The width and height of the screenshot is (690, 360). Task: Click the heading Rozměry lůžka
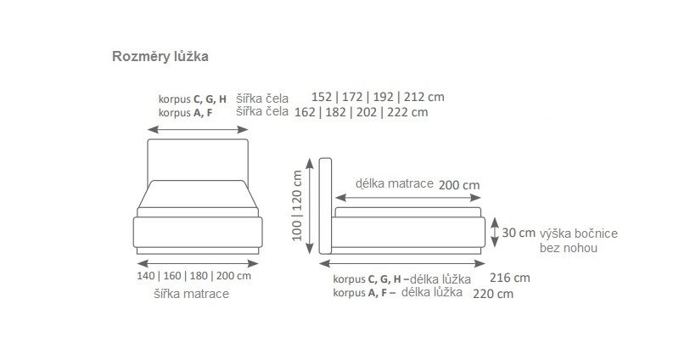(160, 57)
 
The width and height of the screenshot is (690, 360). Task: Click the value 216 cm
(509, 278)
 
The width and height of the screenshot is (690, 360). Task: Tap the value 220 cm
(493, 294)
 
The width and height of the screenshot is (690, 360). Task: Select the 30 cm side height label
(519, 233)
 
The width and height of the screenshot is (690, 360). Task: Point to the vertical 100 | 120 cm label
(297, 205)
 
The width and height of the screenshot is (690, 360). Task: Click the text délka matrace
(394, 183)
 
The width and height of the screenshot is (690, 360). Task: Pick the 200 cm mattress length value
(458, 185)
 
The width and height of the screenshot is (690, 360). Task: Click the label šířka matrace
(191, 294)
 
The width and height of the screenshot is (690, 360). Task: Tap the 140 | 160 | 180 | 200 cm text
(194, 277)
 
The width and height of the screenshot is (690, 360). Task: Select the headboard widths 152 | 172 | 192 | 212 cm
(378, 97)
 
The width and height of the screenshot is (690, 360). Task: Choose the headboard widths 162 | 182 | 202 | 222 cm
(361, 112)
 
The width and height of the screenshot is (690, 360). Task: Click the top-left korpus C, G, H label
(192, 98)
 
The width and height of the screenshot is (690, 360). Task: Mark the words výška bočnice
(578, 233)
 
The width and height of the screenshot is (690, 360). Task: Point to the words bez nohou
(568, 249)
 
